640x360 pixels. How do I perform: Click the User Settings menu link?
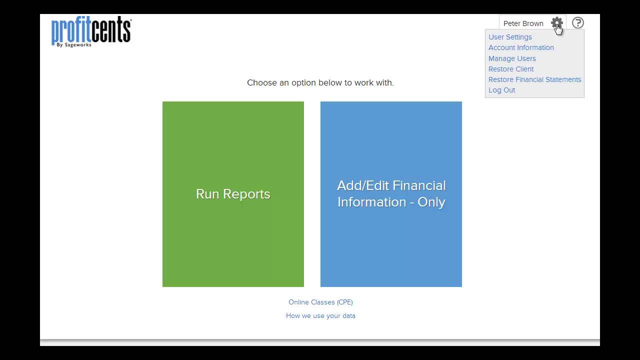510,37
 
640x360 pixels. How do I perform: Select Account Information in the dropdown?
521,47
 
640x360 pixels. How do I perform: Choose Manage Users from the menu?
512,58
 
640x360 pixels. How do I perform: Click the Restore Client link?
511,69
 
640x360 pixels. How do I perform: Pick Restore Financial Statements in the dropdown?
534,79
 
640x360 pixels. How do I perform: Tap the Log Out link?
501,90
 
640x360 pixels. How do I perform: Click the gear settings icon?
556,22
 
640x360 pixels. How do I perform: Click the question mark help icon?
577,22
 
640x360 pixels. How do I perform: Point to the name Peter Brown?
523,23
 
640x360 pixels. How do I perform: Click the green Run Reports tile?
233,194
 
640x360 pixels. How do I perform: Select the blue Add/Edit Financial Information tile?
391,194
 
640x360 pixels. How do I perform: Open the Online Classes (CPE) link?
320,302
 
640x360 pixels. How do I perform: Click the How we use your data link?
320,315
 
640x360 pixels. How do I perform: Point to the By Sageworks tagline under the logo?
74,44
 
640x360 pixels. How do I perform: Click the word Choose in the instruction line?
262,82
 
